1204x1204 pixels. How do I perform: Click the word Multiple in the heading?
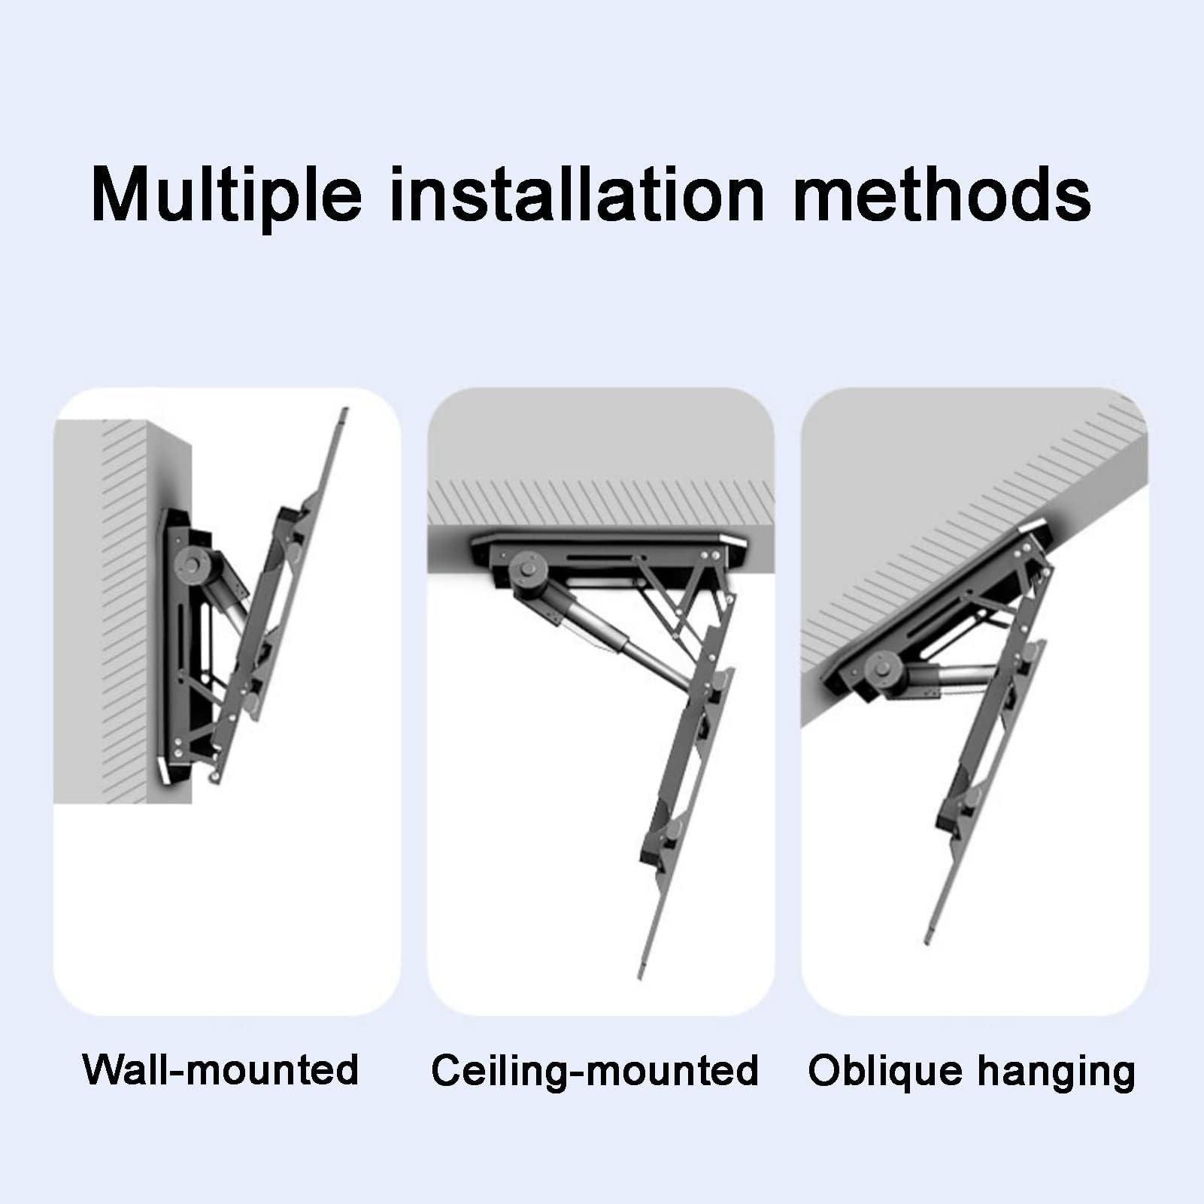[x=226, y=196]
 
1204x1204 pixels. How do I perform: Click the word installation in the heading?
[x=577, y=196]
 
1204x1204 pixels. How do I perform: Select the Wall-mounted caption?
[x=221, y=1069]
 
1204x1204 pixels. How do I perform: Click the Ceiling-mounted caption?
[x=595, y=1069]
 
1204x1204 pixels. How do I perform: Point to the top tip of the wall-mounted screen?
[x=344, y=413]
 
